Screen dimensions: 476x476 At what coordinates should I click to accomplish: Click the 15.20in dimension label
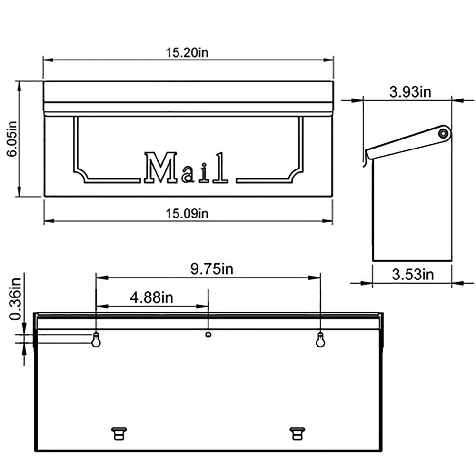tap(187, 52)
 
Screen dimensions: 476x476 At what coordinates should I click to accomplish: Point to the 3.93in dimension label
tap(410, 92)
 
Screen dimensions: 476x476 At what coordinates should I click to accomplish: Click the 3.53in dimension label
tap(413, 275)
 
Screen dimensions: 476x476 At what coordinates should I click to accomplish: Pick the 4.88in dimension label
tap(151, 298)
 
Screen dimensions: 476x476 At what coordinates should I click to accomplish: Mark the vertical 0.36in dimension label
tap(16, 298)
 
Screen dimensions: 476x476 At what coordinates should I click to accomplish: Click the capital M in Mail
tap(161, 168)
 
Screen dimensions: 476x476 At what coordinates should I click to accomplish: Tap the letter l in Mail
tap(220, 168)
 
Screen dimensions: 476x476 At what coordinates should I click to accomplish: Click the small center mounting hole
tap(208, 335)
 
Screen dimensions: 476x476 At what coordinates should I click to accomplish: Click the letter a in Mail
tap(188, 175)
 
